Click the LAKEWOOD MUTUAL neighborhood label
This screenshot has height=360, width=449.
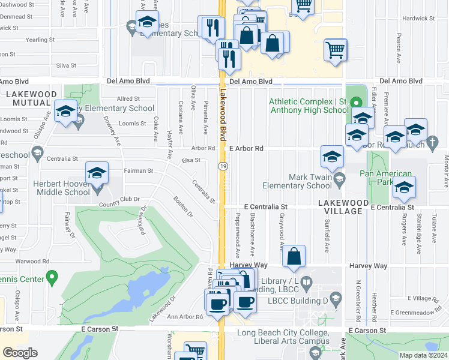(x=31, y=98)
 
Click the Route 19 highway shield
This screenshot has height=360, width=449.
(x=221, y=166)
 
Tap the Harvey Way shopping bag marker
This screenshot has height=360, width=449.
(x=294, y=257)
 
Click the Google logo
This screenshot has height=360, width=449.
(x=20, y=353)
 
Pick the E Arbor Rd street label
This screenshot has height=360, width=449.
(x=246, y=148)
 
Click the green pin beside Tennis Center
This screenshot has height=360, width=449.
(x=52, y=278)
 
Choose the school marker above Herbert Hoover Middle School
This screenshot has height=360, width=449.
(x=97, y=174)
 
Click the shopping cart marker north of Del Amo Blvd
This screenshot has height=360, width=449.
(x=336, y=51)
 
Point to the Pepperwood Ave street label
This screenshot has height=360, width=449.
(x=238, y=232)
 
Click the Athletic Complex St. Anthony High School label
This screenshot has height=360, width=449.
(x=309, y=106)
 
